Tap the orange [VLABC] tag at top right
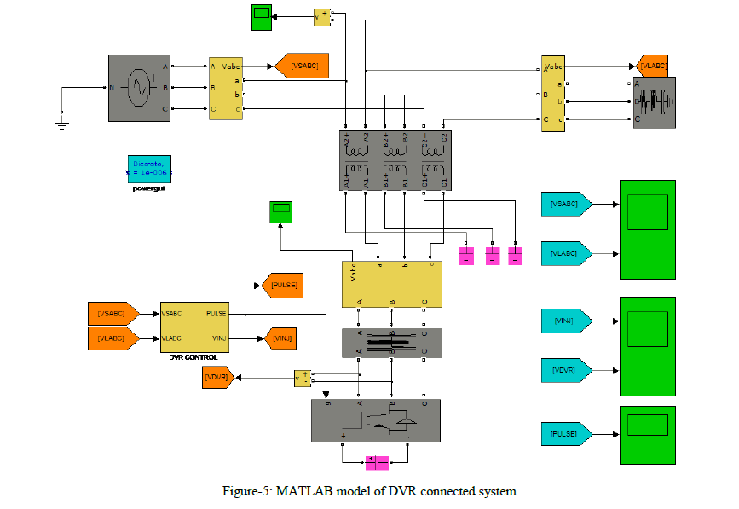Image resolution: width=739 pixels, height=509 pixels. pos(653,66)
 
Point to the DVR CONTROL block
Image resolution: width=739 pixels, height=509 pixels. pos(194,325)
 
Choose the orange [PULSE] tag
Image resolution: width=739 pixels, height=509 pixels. pos(282,285)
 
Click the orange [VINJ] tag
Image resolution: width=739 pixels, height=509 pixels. pos(281,338)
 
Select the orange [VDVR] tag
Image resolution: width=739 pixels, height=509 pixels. pos(217,376)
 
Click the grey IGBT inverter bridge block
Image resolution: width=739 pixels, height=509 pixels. pos(375,420)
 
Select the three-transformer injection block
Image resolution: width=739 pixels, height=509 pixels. pos(395,159)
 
